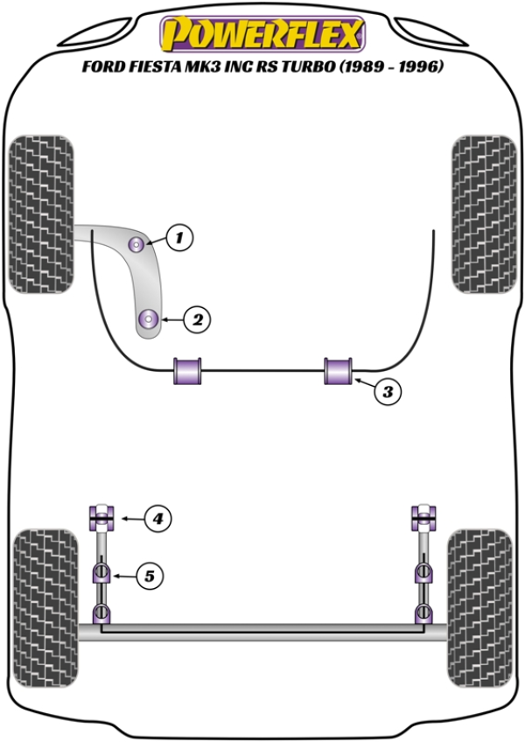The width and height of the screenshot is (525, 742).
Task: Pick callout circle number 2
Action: (198, 320)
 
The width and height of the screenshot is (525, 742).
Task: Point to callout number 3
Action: (388, 392)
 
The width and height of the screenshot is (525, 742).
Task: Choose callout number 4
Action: (157, 520)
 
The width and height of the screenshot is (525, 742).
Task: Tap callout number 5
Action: (150, 576)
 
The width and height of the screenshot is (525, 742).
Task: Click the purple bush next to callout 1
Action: (137, 244)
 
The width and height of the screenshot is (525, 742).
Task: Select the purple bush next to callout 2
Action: (150, 319)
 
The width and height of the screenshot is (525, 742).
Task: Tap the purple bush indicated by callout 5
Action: (102, 575)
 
